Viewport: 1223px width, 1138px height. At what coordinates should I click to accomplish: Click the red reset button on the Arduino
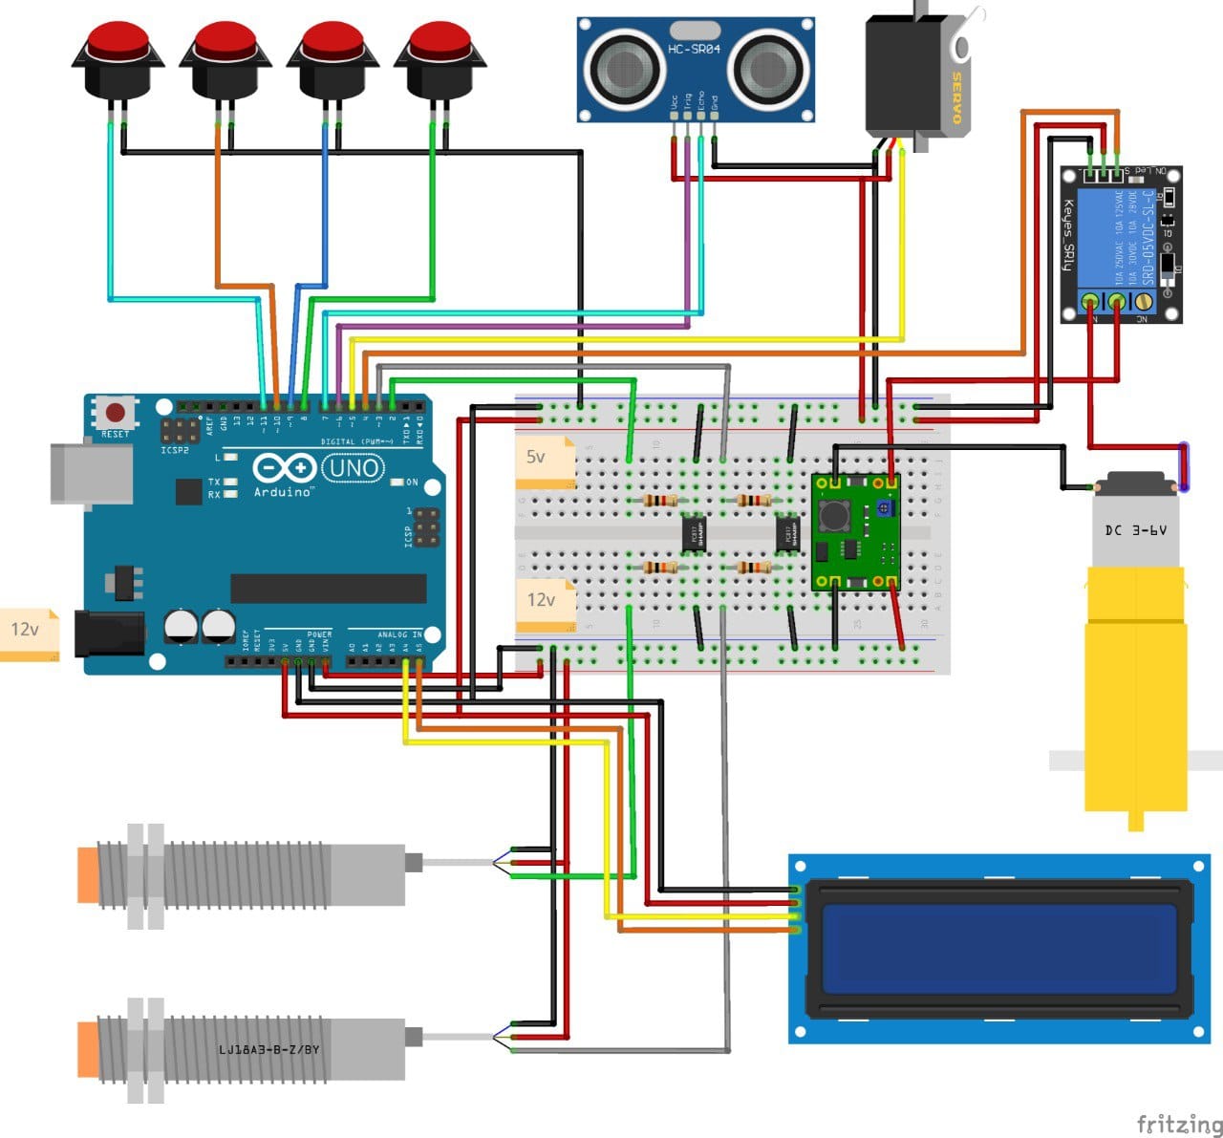pyautogui.click(x=115, y=414)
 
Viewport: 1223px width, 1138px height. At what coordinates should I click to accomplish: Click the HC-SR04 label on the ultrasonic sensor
pyautogui.click(x=695, y=49)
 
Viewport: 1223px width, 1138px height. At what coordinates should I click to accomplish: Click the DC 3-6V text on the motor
pyautogui.click(x=1135, y=529)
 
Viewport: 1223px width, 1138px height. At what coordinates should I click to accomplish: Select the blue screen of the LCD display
pyautogui.click(x=998, y=949)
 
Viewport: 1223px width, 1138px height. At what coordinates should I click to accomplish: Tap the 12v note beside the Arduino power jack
pyautogui.click(x=29, y=633)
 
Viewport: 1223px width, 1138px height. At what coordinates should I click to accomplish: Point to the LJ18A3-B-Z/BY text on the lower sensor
pyautogui.click(x=268, y=1050)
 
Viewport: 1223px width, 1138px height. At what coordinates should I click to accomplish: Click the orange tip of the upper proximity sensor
pyautogui.click(x=88, y=874)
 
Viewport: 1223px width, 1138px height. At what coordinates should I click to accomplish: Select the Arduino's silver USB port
pyautogui.click(x=91, y=473)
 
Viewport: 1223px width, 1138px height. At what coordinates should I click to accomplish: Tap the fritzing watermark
pyautogui.click(x=1178, y=1123)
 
